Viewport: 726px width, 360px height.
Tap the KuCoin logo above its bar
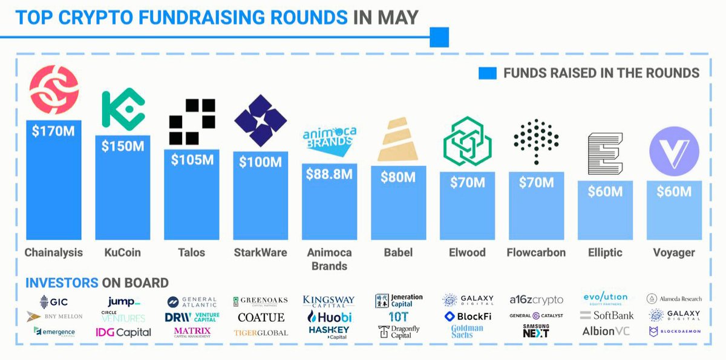tap(123, 109)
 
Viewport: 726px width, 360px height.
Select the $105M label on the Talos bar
tap(192, 160)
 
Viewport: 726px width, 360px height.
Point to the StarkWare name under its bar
tap(261, 252)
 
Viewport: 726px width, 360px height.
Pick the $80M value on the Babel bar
tap(398, 177)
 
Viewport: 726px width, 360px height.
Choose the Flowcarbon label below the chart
tap(536, 252)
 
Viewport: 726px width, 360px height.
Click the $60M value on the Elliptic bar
tap(606, 192)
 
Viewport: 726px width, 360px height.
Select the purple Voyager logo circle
tap(674, 147)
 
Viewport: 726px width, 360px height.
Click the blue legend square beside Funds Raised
tap(487, 73)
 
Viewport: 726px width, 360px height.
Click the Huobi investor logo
tap(330, 317)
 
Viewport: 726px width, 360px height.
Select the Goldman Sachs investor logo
tap(466, 332)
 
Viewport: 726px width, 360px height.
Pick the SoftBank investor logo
tap(607, 315)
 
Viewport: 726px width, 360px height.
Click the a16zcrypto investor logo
tap(536, 300)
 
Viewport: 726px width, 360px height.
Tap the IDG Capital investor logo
tap(123, 332)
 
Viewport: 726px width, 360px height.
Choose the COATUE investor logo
tap(261, 317)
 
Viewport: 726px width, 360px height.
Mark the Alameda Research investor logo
tap(673, 298)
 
